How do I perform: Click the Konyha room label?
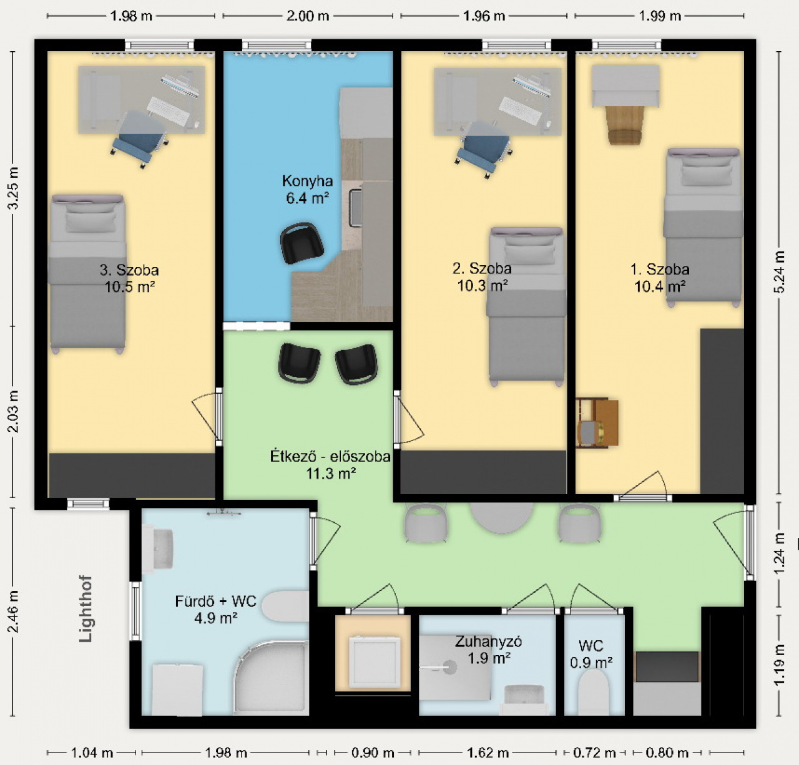coord(307,180)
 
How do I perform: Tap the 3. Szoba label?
coord(129,270)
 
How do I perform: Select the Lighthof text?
coord(86,609)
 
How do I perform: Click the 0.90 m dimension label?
coord(373,753)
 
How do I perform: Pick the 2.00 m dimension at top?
coord(308,16)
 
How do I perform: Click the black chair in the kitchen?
coord(302,243)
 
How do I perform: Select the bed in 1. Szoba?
coord(703,227)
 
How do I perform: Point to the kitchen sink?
coord(356,208)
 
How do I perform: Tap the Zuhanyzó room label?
coord(488,641)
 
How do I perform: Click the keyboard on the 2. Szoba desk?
coord(519,110)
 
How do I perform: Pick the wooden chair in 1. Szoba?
coord(624,125)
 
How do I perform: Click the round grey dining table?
coord(502,518)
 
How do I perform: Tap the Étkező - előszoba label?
coord(330,456)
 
